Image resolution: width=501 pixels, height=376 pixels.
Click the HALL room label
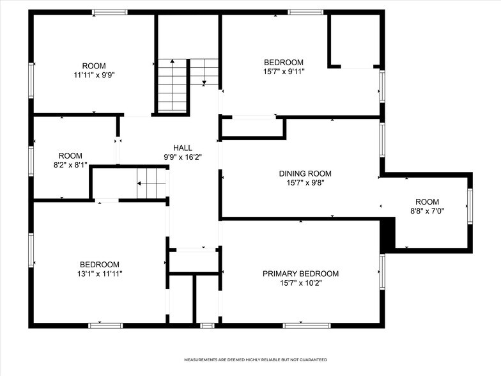click(182, 148)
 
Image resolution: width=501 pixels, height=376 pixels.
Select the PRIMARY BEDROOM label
click(300, 274)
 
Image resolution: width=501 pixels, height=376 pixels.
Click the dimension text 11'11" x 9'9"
click(94, 75)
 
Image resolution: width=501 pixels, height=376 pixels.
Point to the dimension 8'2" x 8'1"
click(70, 164)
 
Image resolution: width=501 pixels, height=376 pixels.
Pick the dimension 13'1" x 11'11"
click(99, 274)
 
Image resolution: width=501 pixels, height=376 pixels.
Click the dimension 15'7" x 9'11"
click(284, 71)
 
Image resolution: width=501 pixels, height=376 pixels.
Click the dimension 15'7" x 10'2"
click(300, 283)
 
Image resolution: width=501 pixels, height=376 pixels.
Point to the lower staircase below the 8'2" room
click(151, 184)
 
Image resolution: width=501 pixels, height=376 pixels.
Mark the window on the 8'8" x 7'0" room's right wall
click(470, 206)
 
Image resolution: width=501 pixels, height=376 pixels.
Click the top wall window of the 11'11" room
click(110, 12)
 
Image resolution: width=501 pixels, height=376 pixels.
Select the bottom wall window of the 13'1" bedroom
click(105, 325)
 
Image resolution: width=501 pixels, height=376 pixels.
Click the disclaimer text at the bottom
click(256, 360)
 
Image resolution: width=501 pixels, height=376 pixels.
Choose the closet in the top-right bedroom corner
click(355, 40)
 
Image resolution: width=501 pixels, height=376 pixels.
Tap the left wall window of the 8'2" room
click(31, 161)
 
